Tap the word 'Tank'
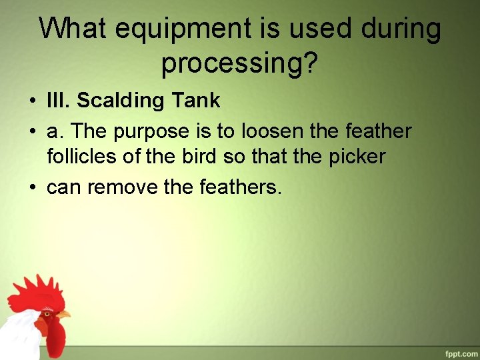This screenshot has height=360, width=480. pos(197,101)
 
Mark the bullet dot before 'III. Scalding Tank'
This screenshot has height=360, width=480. pos(32,101)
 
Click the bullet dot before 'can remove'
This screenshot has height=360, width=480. pos(32,188)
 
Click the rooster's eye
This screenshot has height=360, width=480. pos(47,312)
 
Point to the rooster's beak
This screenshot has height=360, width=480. pos(63,314)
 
